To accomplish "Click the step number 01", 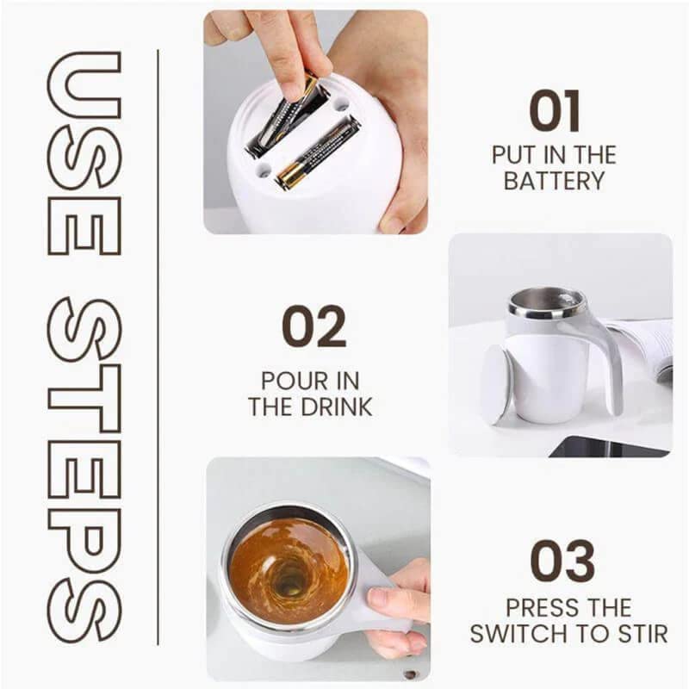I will [x=554, y=111].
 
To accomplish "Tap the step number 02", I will [x=313, y=326].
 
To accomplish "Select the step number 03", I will [x=562, y=561].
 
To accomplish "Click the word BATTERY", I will [x=554, y=182].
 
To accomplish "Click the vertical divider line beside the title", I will [x=158, y=344].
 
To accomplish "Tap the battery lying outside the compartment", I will [x=317, y=152].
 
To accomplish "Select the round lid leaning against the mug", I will [x=495, y=384].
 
